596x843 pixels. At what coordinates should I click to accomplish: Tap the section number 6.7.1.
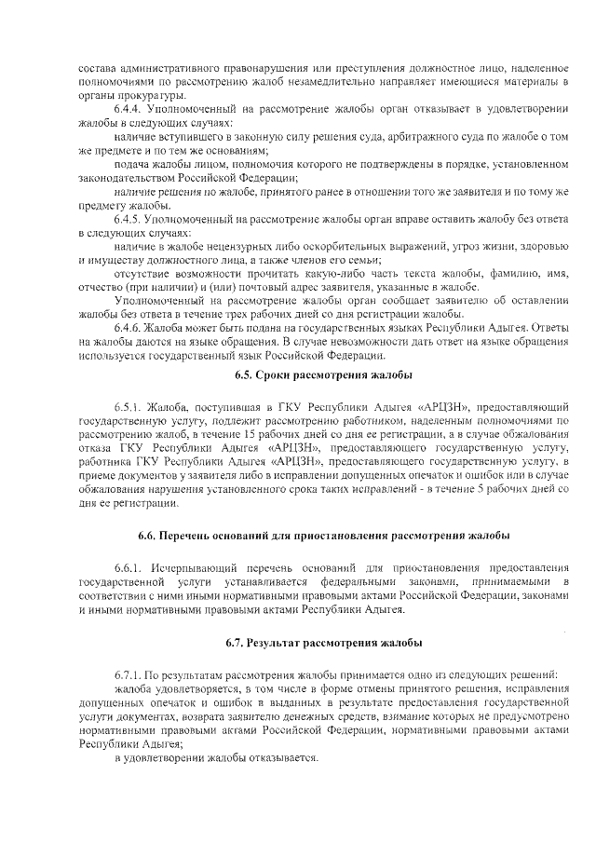click(131, 674)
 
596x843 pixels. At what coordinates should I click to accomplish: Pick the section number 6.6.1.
click(131, 568)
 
